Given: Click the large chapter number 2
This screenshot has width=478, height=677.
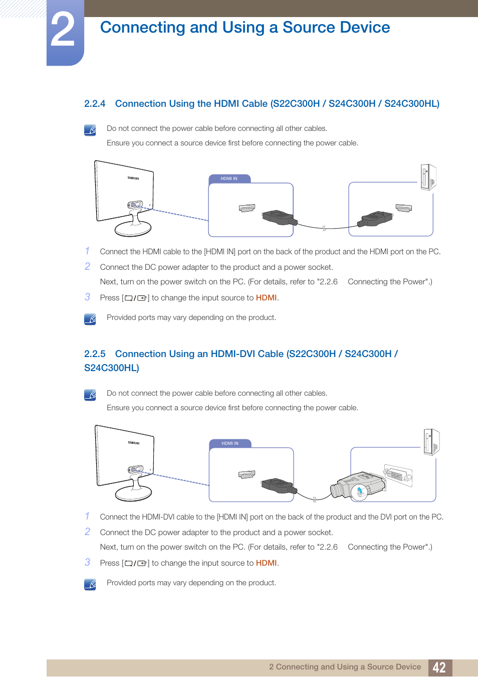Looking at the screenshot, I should pyautogui.click(x=63, y=31).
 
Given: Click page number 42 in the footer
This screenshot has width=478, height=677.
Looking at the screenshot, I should pyautogui.click(x=439, y=667).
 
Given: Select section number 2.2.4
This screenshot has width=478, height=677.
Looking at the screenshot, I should pyautogui.click(x=95, y=104).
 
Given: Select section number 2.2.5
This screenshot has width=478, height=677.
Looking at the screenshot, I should pyautogui.click(x=95, y=354).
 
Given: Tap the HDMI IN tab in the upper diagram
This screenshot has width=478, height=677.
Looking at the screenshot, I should pyautogui.click(x=229, y=179).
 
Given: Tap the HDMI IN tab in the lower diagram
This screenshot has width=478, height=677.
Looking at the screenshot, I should pyautogui.click(x=230, y=443).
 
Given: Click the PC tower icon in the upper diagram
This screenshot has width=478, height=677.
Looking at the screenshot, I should pyautogui.click(x=428, y=178).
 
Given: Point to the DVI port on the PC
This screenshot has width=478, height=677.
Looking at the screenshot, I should pyautogui.click(x=398, y=474).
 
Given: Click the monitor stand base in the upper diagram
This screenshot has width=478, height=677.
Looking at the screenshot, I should pyautogui.click(x=133, y=229).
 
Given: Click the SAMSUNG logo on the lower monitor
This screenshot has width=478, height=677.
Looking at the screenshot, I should pyautogui.click(x=134, y=443).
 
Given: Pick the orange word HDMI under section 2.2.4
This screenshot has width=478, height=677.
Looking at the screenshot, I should pyautogui.click(x=266, y=298).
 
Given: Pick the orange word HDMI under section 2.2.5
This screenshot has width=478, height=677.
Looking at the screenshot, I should pyautogui.click(x=266, y=563).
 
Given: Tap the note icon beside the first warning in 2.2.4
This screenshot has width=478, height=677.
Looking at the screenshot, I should pyautogui.click(x=90, y=130).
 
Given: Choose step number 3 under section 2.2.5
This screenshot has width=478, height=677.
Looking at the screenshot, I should pyautogui.click(x=88, y=562).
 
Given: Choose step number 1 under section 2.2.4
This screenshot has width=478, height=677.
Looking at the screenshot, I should pyautogui.click(x=87, y=251).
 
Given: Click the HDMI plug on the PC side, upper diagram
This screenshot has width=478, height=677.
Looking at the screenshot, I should pyautogui.click(x=375, y=219).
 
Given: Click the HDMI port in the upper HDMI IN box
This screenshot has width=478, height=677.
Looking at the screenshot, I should pyautogui.click(x=247, y=208).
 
